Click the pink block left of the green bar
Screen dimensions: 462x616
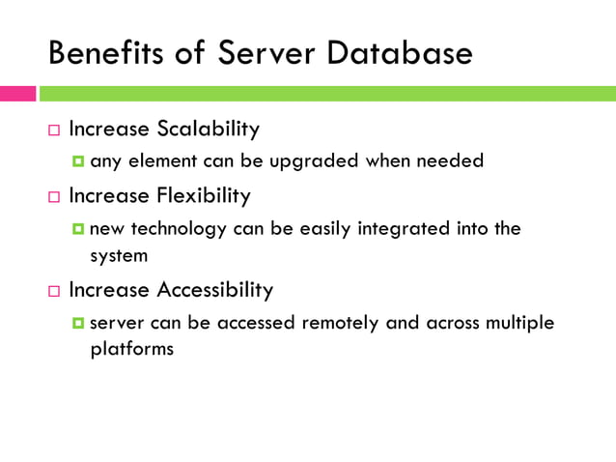coord(17,94)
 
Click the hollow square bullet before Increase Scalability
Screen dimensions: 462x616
coord(54,130)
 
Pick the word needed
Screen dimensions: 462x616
coord(449,161)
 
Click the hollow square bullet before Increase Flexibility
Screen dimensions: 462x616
coord(54,197)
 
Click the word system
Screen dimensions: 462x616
coord(117,256)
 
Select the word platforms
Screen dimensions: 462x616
coord(131,349)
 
